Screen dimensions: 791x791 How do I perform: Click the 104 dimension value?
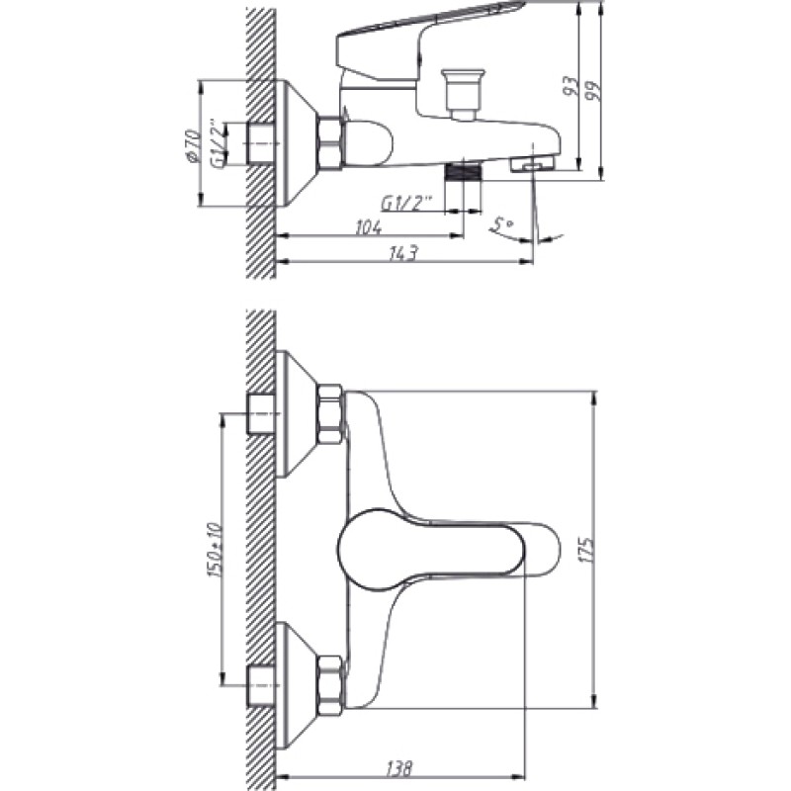tap(369, 227)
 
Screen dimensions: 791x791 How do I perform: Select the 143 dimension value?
tap(404, 253)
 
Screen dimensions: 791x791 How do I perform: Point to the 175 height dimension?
tap(587, 550)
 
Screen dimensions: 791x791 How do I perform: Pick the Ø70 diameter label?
tap(192, 146)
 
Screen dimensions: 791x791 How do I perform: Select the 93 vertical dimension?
tap(571, 87)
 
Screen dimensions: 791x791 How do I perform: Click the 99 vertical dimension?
tap(595, 91)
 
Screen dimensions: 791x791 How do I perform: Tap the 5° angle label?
tap(501, 225)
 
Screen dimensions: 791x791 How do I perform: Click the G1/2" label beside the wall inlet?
tap(218, 143)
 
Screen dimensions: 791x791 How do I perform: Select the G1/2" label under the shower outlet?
tap(406, 205)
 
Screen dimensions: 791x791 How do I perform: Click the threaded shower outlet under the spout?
tap(464, 171)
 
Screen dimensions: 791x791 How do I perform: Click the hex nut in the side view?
tap(330, 143)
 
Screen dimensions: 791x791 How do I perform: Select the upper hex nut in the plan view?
tap(330, 414)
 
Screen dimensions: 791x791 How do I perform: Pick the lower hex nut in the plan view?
tap(330, 685)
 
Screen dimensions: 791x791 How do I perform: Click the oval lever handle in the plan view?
tap(430, 550)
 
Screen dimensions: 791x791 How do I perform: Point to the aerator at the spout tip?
tap(532, 165)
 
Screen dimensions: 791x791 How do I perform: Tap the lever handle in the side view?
tap(429, 43)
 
